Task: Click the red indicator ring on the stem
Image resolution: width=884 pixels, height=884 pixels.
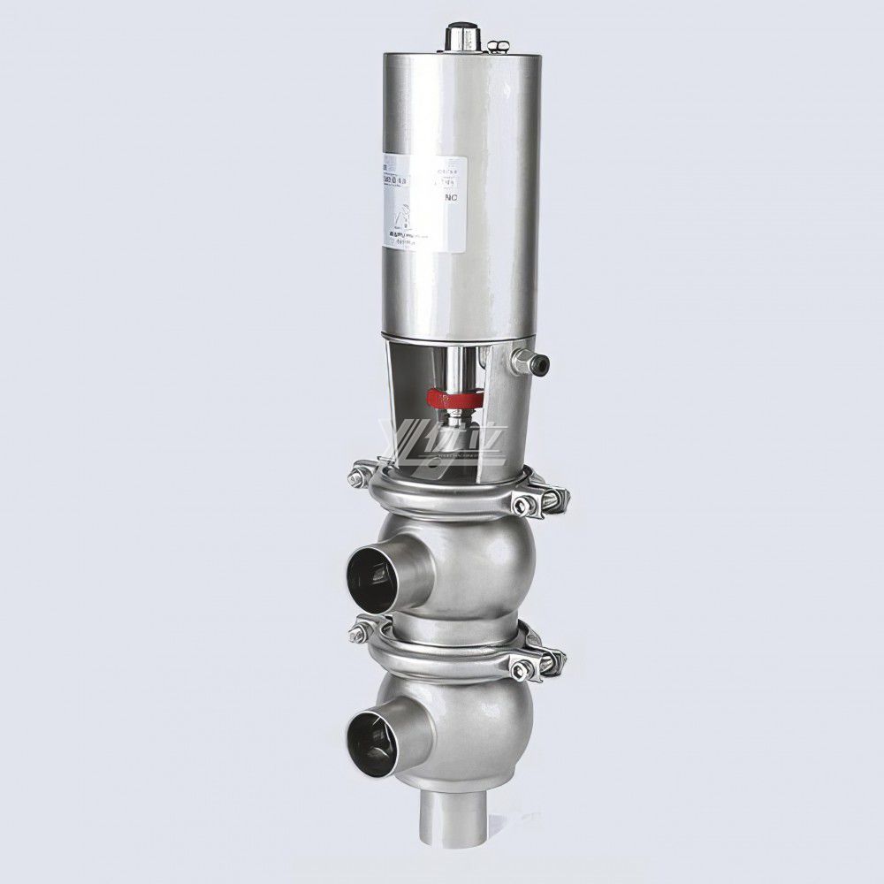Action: pos(456,398)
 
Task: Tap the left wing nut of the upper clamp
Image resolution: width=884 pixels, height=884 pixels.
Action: pos(359,478)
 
